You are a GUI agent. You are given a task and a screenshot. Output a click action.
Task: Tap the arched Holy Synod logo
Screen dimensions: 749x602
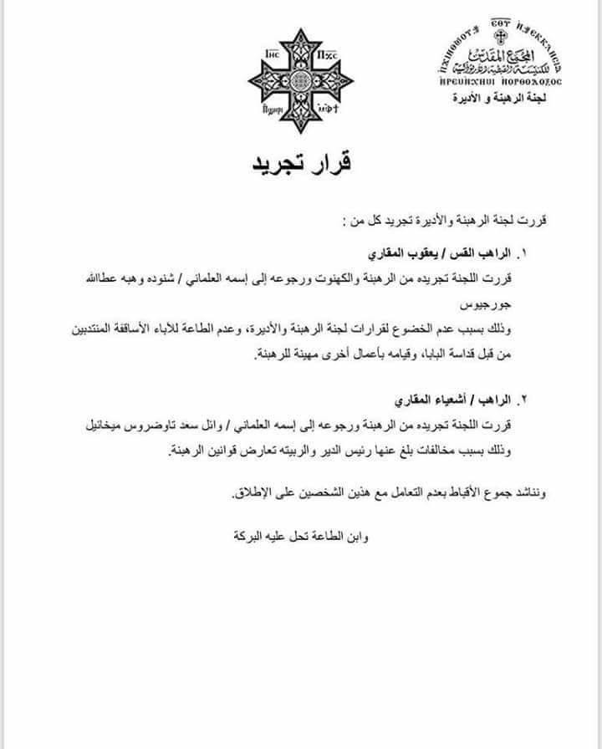click(x=501, y=57)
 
